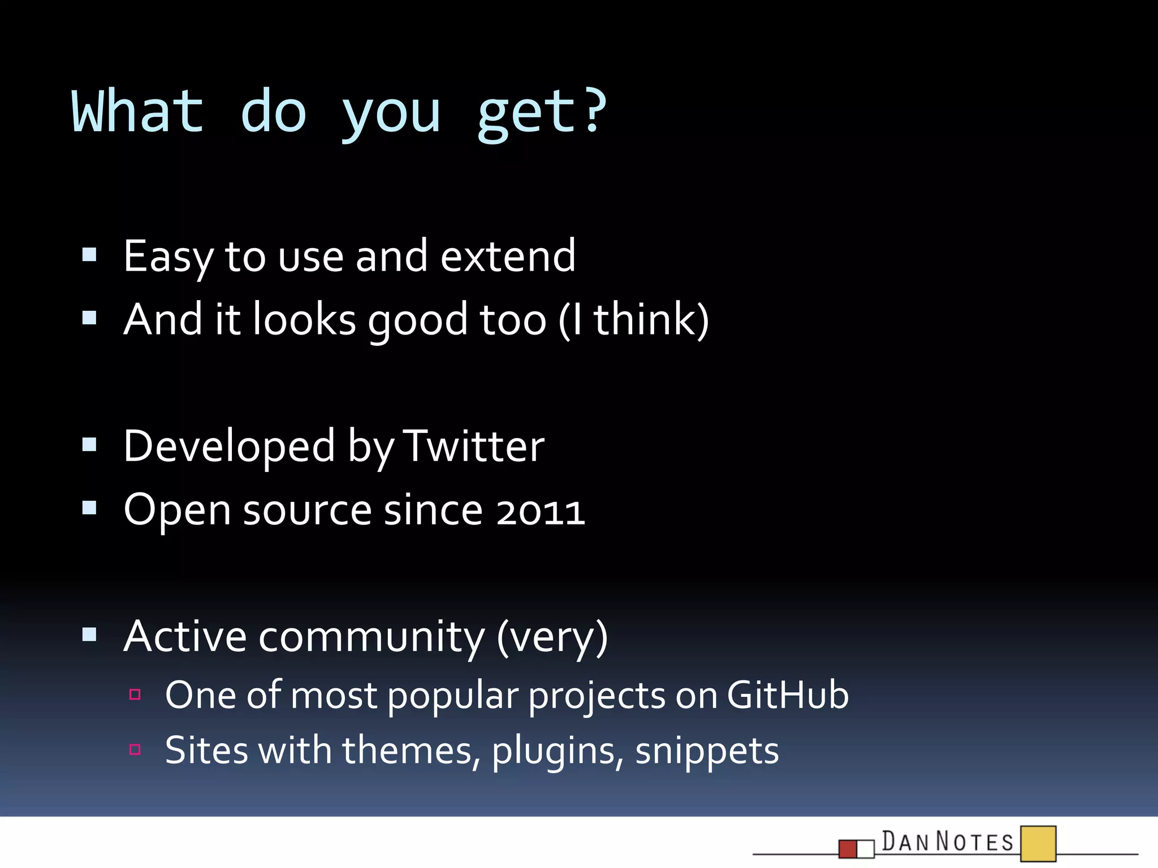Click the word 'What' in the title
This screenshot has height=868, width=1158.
[137, 111]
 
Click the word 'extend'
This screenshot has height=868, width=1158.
[507, 257]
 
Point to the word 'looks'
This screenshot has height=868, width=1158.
[304, 320]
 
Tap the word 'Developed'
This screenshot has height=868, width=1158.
[229, 446]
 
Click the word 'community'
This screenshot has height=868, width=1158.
[371, 637]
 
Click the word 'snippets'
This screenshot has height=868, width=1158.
[707, 750]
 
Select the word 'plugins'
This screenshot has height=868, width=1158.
[558, 750]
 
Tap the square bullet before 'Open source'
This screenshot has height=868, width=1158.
[89, 508]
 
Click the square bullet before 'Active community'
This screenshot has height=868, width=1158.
[89, 635]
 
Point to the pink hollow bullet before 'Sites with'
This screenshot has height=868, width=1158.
[135, 749]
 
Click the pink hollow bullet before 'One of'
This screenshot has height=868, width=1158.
[135, 694]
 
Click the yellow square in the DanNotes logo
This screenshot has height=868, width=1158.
[1038, 844]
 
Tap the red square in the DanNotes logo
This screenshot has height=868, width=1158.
[848, 849]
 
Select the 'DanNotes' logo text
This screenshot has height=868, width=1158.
[948, 842]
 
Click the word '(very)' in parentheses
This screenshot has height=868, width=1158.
[552, 637]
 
